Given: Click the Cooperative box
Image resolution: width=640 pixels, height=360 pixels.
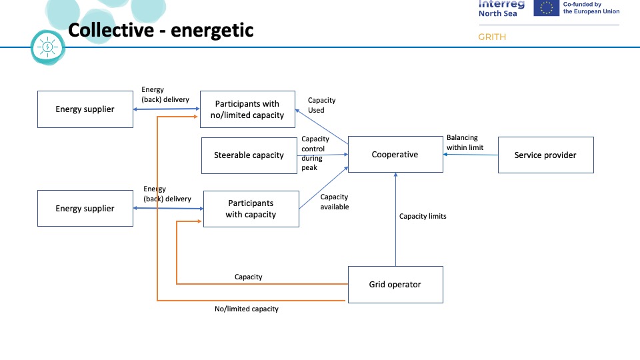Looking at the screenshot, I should tap(395, 155).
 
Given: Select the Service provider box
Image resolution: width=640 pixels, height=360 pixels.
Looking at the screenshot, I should tap(545, 155).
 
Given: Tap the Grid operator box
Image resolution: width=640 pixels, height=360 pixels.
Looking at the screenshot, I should tap(395, 285).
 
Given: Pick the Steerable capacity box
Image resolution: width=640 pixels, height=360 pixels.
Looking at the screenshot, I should tap(249, 155).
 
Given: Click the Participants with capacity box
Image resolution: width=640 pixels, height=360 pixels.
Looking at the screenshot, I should tap(251, 209).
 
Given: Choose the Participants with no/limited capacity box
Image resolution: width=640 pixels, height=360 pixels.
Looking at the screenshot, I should tap(247, 109).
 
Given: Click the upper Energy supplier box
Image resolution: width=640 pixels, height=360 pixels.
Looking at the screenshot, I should tap(85, 109).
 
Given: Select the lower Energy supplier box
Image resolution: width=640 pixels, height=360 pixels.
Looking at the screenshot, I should tap(85, 209).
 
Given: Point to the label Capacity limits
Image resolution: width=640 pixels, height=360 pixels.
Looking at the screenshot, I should tap(423, 217).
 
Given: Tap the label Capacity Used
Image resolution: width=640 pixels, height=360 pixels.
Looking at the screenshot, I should tap(321, 105).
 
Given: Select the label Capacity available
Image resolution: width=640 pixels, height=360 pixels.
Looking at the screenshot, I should tap(334, 202).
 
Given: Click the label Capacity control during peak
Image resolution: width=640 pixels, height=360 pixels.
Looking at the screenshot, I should tap(315, 153).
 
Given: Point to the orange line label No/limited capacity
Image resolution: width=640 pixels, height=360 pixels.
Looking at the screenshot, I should tap(247, 309).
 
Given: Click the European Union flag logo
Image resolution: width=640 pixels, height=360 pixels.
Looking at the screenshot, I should tap(547, 7).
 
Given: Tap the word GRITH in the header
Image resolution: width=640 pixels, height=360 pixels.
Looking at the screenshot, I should tap(492, 37).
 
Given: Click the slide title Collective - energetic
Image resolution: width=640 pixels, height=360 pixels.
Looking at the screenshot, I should tap(161, 31).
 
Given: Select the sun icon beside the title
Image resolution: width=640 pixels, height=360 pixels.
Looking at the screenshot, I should tap(48, 47).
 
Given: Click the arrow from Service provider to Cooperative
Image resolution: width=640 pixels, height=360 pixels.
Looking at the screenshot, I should tap(471, 155).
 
